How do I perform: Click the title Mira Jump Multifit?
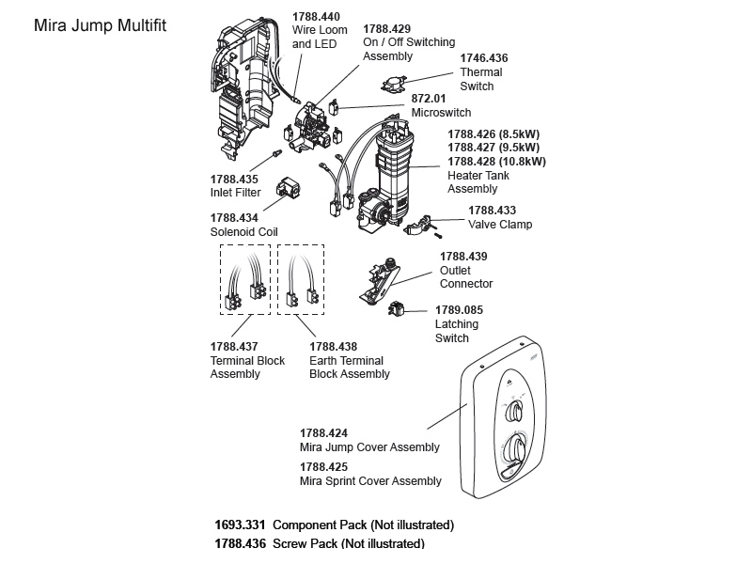99,25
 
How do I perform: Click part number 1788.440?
316,17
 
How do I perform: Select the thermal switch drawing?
399,85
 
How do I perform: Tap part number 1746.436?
483,58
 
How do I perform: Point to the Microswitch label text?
441,113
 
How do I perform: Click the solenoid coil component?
288,190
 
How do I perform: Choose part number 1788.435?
234,179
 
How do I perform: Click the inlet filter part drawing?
277,152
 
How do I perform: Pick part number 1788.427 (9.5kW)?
493,147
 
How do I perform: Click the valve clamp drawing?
419,225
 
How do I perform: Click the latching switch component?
398,307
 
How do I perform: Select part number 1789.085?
459,310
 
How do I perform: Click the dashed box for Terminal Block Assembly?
244,279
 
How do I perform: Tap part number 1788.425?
323,467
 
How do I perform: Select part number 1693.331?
241,525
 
